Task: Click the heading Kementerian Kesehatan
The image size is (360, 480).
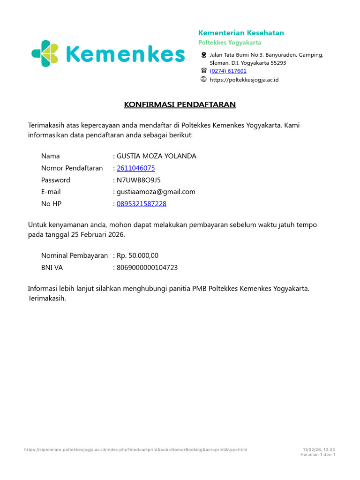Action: pyautogui.click(x=241, y=33)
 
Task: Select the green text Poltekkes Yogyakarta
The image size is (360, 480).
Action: pyautogui.click(x=230, y=43)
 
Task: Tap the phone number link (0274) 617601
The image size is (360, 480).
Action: pyautogui.click(x=228, y=71)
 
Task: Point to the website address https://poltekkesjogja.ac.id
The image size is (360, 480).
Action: pyautogui.click(x=244, y=80)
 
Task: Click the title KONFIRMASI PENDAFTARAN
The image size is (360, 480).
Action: pyautogui.click(x=180, y=104)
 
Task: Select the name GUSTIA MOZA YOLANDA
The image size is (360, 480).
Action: pyautogui.click(x=157, y=156)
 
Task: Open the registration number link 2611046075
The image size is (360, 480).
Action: pyautogui.click(x=136, y=168)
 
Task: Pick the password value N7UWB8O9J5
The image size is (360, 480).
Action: pyautogui.click(x=139, y=180)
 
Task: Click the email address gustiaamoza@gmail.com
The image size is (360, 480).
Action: pyautogui.click(x=156, y=192)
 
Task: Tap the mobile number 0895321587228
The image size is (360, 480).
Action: pyautogui.click(x=142, y=204)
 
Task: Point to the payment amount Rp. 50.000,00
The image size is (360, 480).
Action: pyautogui.click(x=138, y=255)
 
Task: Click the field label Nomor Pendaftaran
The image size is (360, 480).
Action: pyautogui.click(x=72, y=168)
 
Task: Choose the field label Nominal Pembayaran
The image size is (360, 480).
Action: pyautogui.click(x=75, y=255)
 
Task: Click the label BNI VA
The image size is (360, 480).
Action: pyautogui.click(x=52, y=268)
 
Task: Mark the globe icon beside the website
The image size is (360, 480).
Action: pyautogui.click(x=203, y=79)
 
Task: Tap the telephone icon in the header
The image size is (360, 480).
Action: pyautogui.click(x=203, y=70)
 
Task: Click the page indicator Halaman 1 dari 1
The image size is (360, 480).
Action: pyautogui.click(x=317, y=455)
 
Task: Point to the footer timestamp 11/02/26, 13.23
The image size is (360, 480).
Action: pyautogui.click(x=319, y=450)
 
